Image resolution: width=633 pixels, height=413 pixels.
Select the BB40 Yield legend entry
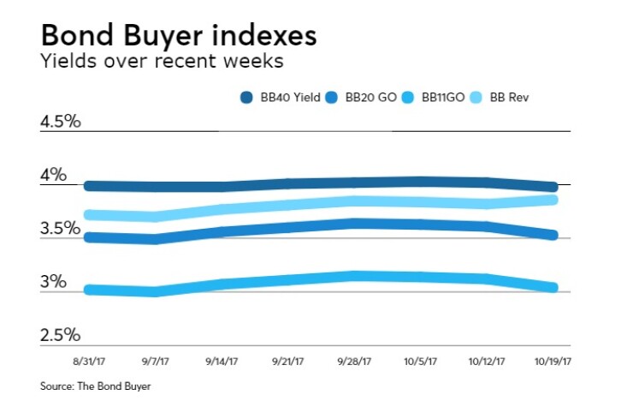[x=281, y=98]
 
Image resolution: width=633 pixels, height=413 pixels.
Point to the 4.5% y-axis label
[x=60, y=121]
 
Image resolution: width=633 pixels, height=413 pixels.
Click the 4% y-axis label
[x=53, y=175]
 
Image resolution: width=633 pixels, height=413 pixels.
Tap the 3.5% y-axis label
[x=60, y=229]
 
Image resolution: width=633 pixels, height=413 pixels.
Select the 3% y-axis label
[x=53, y=282]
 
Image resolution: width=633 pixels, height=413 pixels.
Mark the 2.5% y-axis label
[x=60, y=335]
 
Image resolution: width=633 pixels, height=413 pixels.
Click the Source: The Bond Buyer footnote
[x=95, y=387]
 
